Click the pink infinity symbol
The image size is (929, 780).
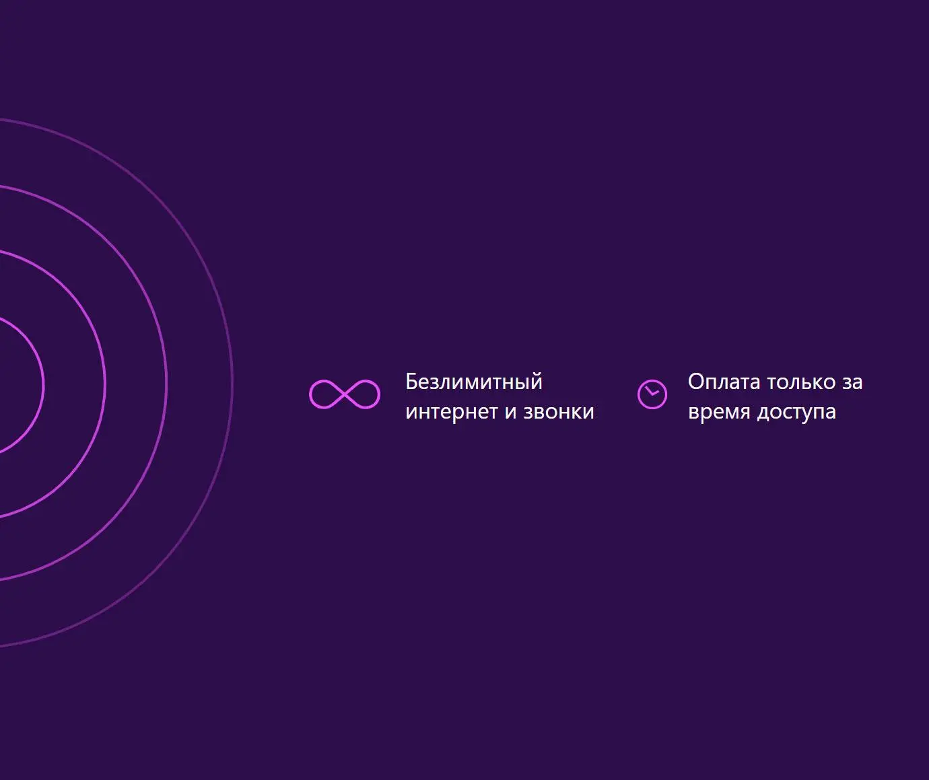tap(345, 394)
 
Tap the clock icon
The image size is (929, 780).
tap(652, 394)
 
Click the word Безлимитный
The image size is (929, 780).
tap(474, 382)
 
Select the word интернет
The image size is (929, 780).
tap(452, 412)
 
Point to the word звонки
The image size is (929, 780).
tap(559, 412)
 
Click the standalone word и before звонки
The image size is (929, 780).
tap(511, 413)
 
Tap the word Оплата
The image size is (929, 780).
tap(724, 382)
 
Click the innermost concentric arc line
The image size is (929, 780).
tap(44, 386)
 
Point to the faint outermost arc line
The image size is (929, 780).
tap(233, 383)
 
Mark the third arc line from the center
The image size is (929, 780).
tap(166, 384)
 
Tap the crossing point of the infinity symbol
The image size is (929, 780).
tap(345, 394)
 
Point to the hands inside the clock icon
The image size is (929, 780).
tap(652, 392)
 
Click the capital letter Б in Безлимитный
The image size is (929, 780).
tap(412, 382)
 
